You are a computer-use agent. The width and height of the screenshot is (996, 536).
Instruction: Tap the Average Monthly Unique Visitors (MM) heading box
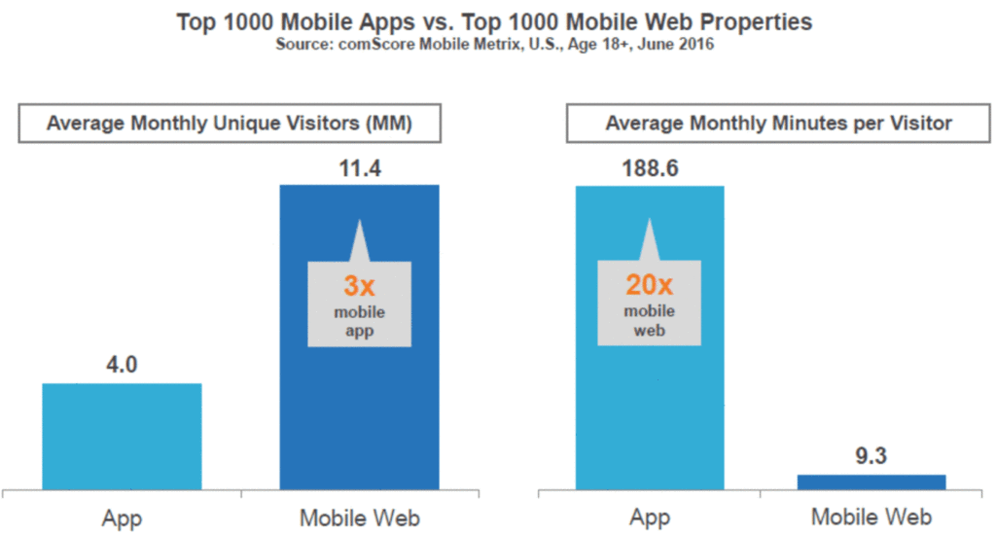pos(231,124)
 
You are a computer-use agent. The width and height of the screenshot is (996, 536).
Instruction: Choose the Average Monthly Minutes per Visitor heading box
pos(778,124)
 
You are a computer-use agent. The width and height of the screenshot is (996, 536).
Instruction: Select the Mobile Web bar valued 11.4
pos(359,409)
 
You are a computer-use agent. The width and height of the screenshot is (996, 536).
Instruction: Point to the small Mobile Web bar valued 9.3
pos(871,481)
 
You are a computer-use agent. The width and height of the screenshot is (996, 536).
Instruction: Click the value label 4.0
pos(122,367)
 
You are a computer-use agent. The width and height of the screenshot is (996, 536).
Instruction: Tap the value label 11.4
pos(359,168)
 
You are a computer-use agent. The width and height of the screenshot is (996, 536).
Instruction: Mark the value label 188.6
pos(650,168)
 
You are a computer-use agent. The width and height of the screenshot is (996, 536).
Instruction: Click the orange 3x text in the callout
pos(359,287)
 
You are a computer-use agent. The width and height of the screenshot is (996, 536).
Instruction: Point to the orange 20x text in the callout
pos(649,287)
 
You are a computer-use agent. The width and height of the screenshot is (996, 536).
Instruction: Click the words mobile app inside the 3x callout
pos(359,320)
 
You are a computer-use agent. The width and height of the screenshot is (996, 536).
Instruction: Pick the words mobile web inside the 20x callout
pos(649,320)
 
